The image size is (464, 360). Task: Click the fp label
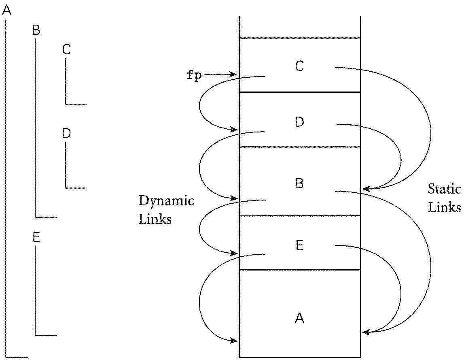pyautogui.click(x=194, y=76)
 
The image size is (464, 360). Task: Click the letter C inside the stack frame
pyautogui.click(x=299, y=66)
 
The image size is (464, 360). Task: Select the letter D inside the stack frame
pyautogui.click(x=299, y=122)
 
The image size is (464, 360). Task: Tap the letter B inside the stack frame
pyautogui.click(x=299, y=183)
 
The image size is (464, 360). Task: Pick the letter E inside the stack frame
pyautogui.click(x=299, y=245)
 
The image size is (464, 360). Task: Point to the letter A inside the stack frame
pyautogui.click(x=299, y=318)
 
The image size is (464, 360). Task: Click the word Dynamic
pyautogui.click(x=166, y=201)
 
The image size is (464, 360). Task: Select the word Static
pyautogui.click(x=444, y=189)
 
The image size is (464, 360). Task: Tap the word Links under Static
pyautogui.click(x=444, y=207)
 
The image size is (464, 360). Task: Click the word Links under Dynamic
pyautogui.click(x=155, y=219)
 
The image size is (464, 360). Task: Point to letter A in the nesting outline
pyautogui.click(x=6, y=11)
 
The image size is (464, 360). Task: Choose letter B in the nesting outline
pyautogui.click(x=36, y=30)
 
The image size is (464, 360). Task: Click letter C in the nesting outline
pyautogui.click(x=67, y=49)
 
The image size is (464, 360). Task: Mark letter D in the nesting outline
pyautogui.click(x=67, y=133)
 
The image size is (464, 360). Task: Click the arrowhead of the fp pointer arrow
pyautogui.click(x=234, y=74)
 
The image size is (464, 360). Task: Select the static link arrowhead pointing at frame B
pyautogui.click(x=365, y=188)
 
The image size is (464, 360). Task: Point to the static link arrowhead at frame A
pyautogui.click(x=365, y=332)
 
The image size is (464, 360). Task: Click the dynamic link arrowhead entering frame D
pyautogui.click(x=234, y=129)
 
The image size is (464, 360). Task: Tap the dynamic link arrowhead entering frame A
pyautogui.click(x=234, y=341)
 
